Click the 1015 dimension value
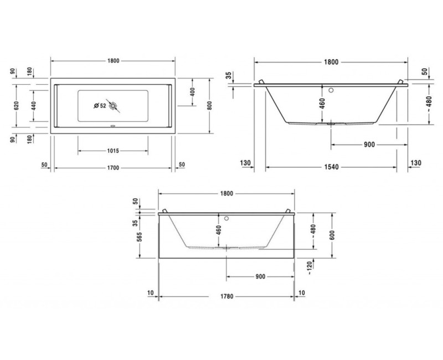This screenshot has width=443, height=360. [x=114, y=151]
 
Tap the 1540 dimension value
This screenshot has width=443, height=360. [x=331, y=164]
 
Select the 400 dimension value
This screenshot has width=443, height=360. [x=192, y=92]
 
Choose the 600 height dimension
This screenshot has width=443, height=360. [x=332, y=235]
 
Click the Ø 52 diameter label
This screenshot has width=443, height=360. [x=100, y=105]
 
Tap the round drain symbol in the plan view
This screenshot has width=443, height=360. [x=114, y=105]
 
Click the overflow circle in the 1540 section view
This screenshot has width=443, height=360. [x=331, y=89]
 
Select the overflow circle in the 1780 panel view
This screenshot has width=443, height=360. [x=226, y=218]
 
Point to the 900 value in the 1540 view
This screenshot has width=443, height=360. [x=369, y=145]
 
